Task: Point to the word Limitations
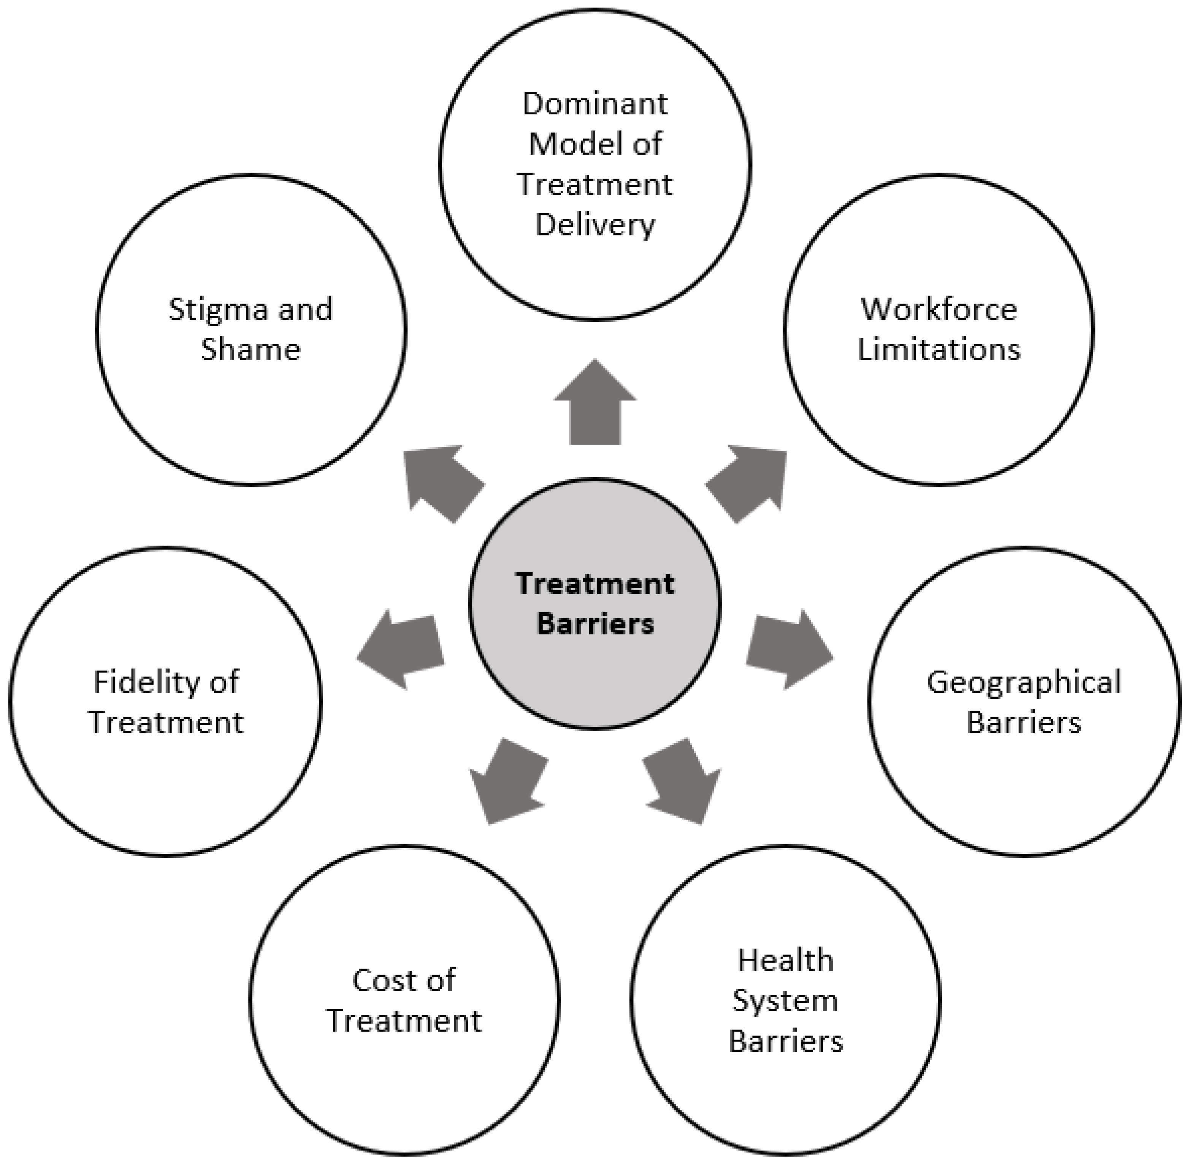(939, 350)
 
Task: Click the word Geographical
(1024, 682)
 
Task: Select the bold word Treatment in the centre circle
(595, 584)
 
